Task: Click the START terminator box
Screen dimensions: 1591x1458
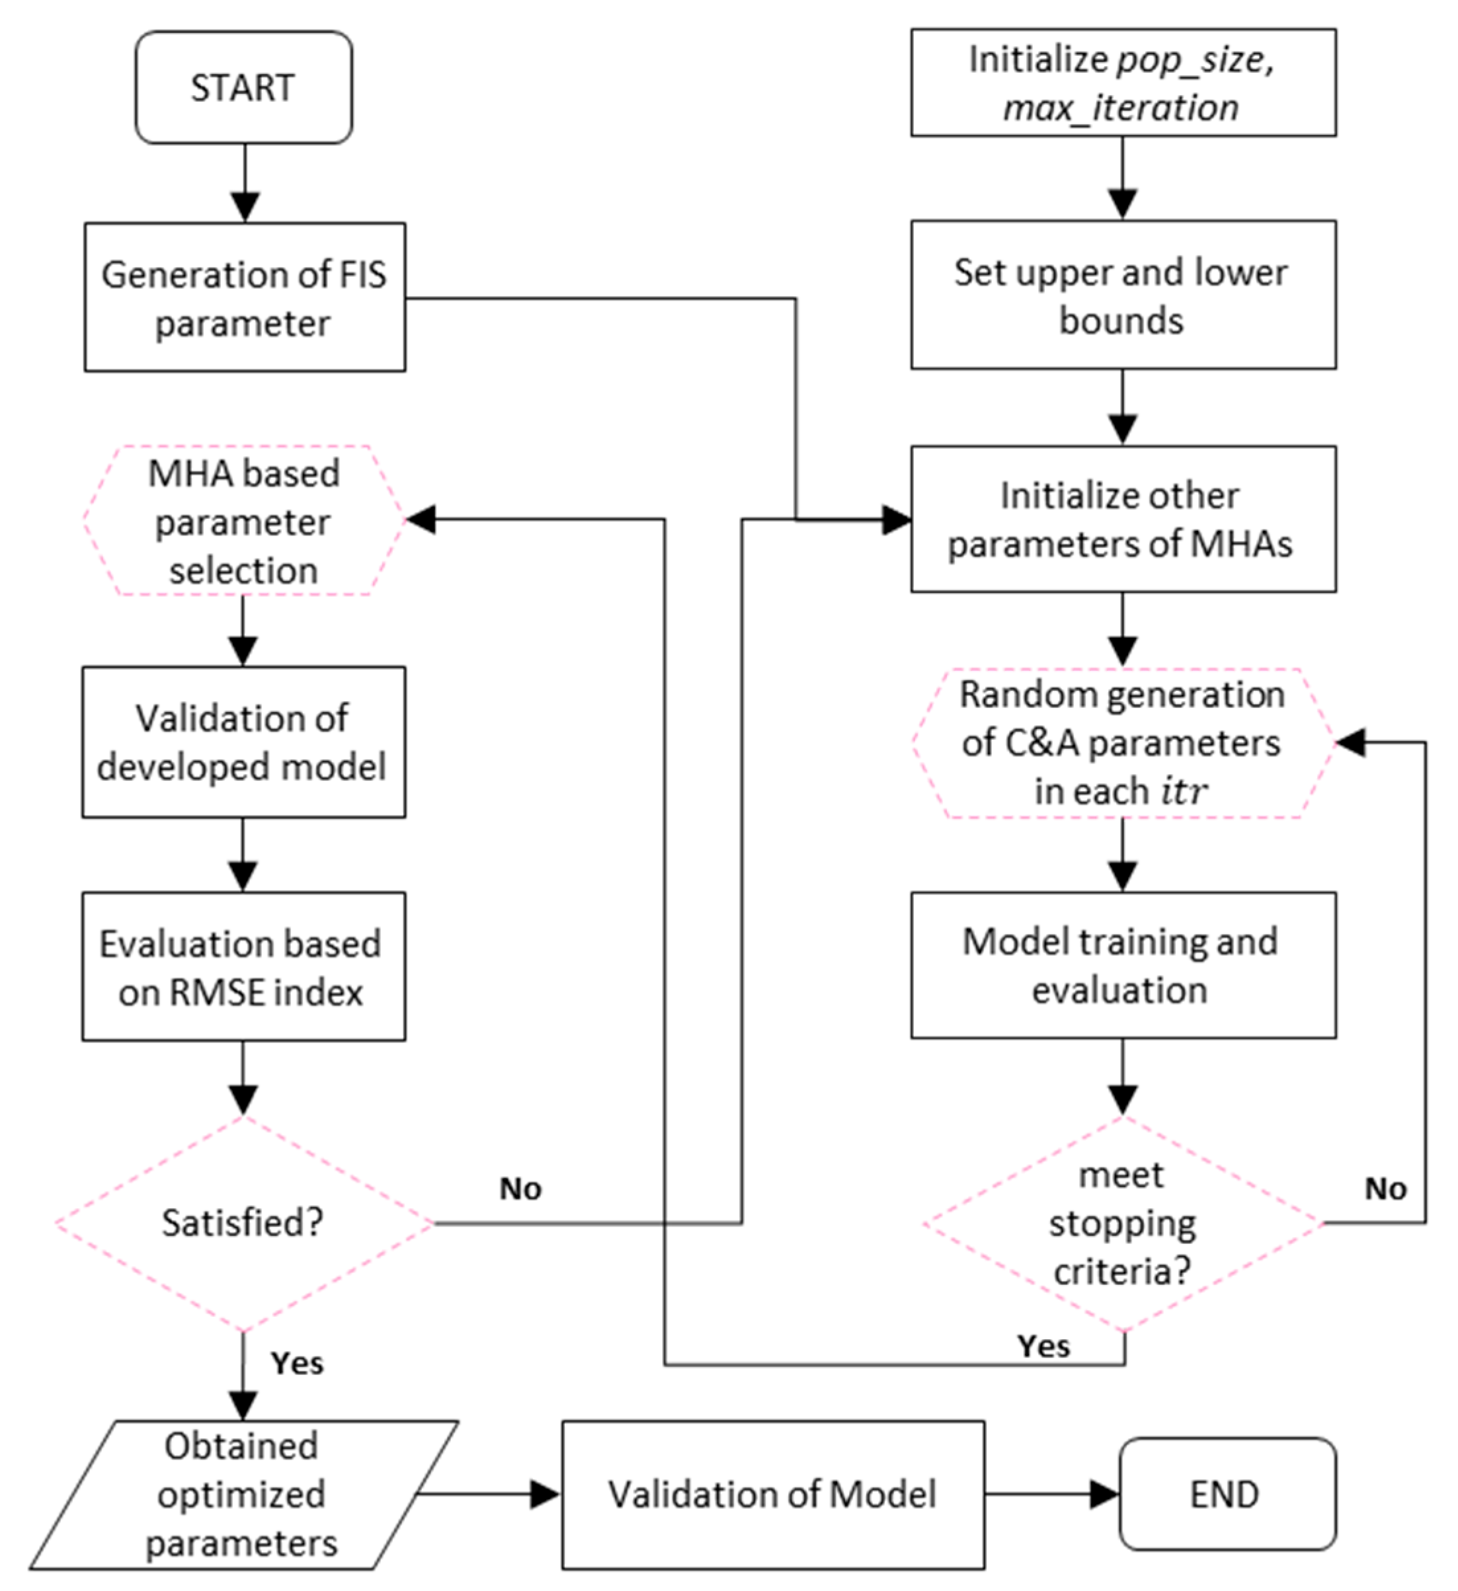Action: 243,88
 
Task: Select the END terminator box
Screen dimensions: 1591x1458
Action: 1227,1494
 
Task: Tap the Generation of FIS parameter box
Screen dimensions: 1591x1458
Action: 245,297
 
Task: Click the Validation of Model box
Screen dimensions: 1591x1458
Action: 773,1494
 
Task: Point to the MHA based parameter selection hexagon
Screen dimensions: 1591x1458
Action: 243,521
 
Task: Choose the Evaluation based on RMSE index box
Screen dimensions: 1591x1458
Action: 243,967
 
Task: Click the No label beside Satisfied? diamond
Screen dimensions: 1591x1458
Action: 520,1188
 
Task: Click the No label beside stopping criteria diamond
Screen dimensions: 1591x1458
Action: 1385,1188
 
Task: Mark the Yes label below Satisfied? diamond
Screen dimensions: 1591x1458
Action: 297,1363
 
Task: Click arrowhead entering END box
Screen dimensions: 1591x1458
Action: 1104,1494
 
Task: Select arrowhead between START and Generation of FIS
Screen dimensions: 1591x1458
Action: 245,207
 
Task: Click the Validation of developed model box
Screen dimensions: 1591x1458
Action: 243,742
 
